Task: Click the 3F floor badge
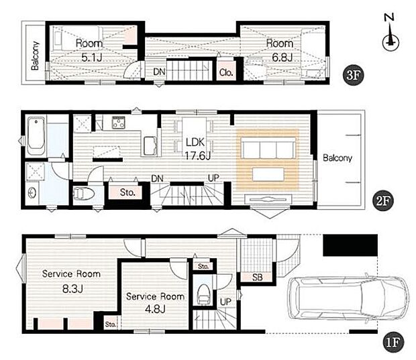point(353,75)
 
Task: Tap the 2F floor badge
point(383,200)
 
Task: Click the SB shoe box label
point(257,278)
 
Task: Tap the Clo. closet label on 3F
point(226,72)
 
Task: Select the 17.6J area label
point(198,156)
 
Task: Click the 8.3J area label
point(72,289)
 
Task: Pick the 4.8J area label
point(155,309)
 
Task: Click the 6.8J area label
point(282,57)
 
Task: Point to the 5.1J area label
point(92,58)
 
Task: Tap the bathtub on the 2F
point(36,137)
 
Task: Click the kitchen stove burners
point(119,123)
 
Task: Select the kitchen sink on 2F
point(150,146)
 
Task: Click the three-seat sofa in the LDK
point(268,148)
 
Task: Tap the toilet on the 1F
point(204,294)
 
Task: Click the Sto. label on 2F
point(127,192)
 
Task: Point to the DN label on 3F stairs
point(159,72)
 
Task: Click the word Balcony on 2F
point(337,158)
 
